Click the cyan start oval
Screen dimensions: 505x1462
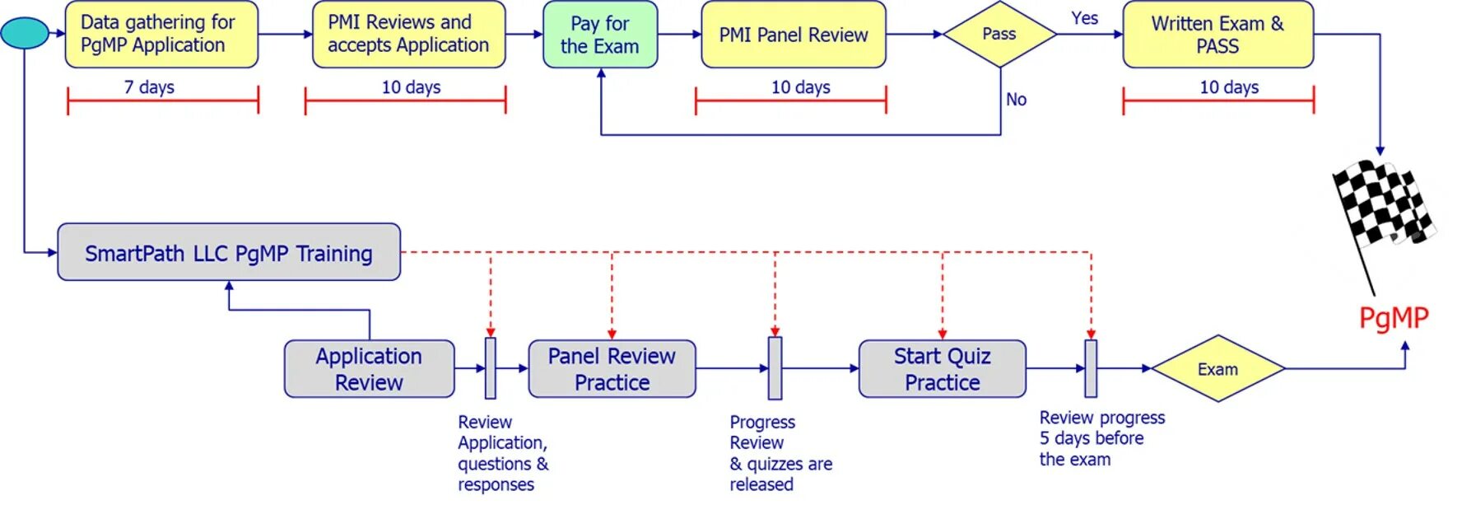tap(25, 33)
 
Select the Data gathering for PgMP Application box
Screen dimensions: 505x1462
tap(161, 35)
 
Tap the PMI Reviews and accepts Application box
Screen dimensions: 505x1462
tap(408, 35)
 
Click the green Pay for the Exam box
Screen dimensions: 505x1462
tap(600, 35)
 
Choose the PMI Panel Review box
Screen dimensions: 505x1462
tap(793, 35)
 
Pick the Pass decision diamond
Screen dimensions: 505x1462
tap(999, 35)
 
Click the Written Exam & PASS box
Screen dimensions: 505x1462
tap(1218, 35)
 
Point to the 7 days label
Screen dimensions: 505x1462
tap(149, 87)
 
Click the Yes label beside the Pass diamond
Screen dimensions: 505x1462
tap(1084, 18)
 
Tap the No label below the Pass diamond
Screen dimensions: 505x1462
tap(1016, 100)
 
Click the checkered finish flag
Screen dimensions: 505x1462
tap(1383, 206)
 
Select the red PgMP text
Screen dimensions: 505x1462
tap(1393, 318)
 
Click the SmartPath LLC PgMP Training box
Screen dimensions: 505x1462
tap(229, 253)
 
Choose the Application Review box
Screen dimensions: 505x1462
tap(369, 369)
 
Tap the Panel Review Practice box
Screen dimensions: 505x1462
tap(612, 369)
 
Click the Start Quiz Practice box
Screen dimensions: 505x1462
tap(942, 369)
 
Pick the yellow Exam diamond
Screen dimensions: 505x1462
tap(1218, 369)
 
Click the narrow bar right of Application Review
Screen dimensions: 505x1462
tap(491, 368)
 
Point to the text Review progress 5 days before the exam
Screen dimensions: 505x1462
tap(1101, 438)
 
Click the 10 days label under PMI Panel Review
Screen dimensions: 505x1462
tap(800, 87)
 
